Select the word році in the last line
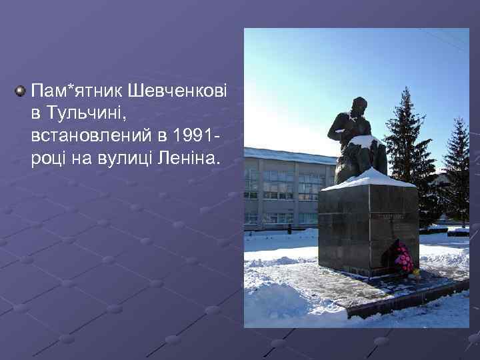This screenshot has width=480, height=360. coord(47,159)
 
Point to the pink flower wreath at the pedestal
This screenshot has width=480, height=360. coord(403,259)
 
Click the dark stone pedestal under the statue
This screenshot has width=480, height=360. coord(367,227)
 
